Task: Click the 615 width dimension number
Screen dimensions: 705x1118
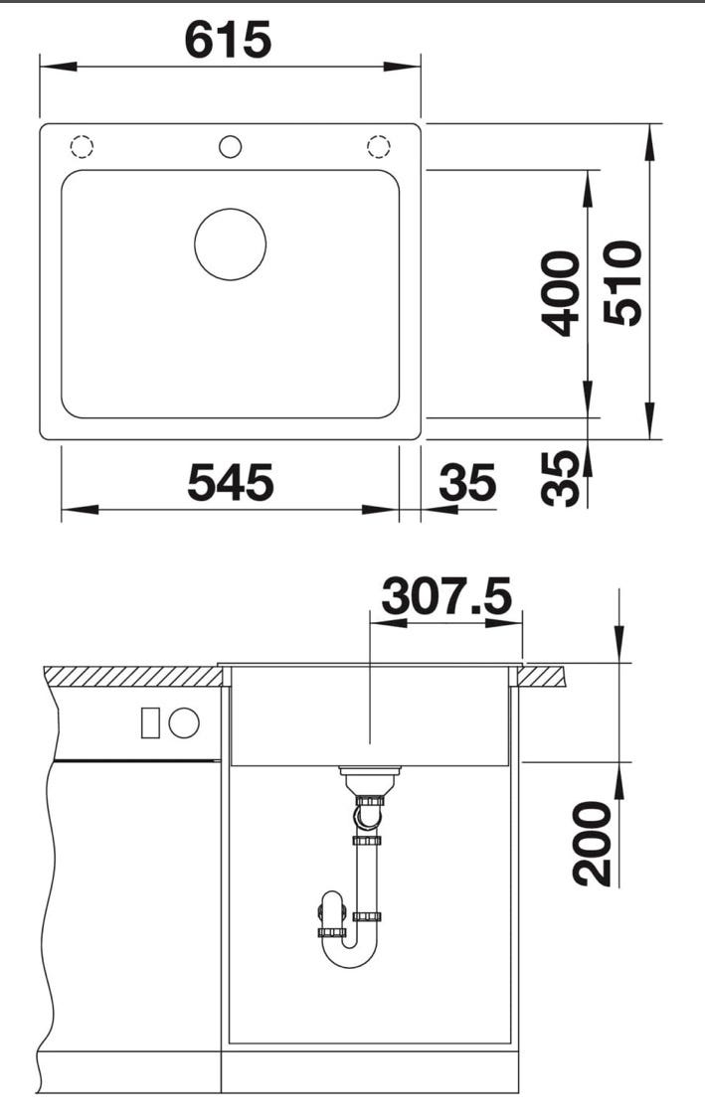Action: point(228,40)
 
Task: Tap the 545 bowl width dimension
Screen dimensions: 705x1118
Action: point(230,482)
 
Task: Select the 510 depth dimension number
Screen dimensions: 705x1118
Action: point(622,283)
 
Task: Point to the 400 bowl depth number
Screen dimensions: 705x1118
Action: point(560,293)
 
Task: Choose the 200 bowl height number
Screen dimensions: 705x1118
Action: point(593,844)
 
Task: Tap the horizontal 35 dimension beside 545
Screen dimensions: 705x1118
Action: point(467,482)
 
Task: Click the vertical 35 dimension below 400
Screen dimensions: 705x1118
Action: point(560,478)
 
